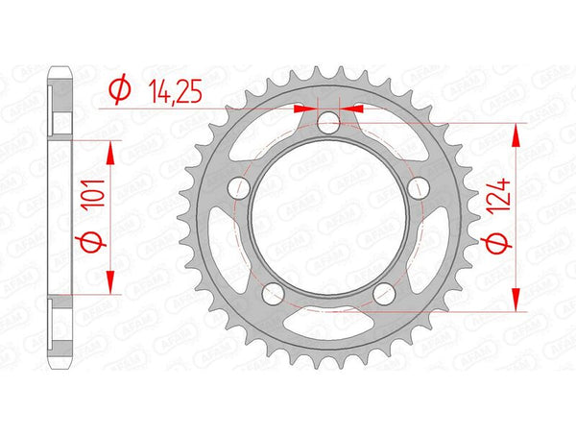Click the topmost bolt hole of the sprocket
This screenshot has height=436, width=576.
click(328, 121)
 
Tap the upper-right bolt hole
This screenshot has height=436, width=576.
click(419, 188)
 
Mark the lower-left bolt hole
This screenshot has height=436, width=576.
click(273, 293)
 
